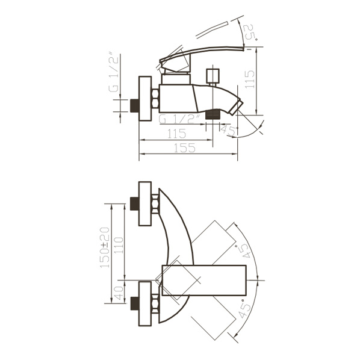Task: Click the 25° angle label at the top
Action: (250, 31)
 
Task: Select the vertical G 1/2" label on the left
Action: (114, 73)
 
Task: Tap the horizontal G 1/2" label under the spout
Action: (179, 119)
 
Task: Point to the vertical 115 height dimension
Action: (250, 79)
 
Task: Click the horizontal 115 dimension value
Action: (176, 134)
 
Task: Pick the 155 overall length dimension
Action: (185, 148)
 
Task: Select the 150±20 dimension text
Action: (105, 247)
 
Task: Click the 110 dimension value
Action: (119, 246)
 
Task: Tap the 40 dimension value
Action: (119, 293)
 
